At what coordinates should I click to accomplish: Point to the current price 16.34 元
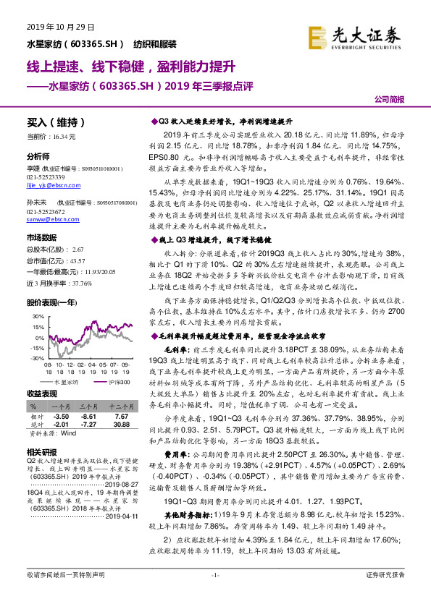[64, 136]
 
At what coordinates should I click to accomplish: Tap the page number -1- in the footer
[215, 595]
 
